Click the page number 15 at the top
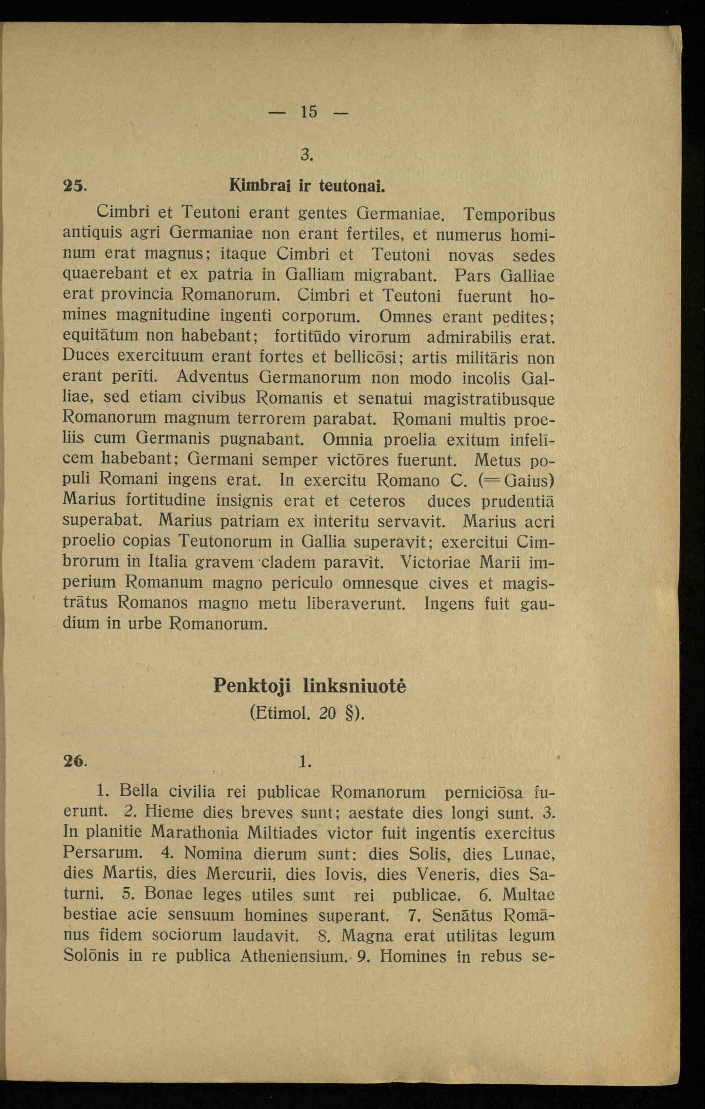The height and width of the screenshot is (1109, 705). (x=309, y=112)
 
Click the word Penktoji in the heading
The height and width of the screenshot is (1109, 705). (x=252, y=687)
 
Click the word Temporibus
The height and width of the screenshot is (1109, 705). (x=509, y=215)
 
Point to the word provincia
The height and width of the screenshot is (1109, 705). (x=137, y=294)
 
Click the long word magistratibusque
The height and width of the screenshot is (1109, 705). (x=489, y=398)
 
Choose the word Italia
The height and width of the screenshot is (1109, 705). (x=168, y=562)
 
